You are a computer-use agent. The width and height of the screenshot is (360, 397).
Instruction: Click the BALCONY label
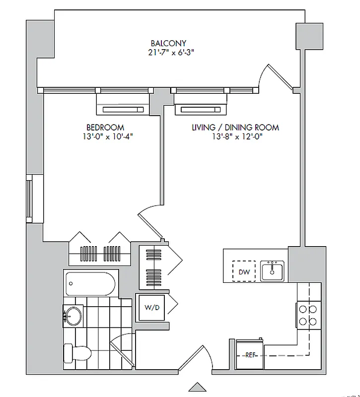pyautogui.click(x=168, y=43)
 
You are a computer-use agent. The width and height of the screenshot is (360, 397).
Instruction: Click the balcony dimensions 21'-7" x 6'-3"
pyautogui.click(x=168, y=53)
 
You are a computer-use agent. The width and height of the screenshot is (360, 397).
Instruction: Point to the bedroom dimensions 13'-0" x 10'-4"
pyautogui.click(x=107, y=136)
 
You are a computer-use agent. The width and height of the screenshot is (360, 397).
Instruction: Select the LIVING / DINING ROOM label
pyautogui.click(x=235, y=128)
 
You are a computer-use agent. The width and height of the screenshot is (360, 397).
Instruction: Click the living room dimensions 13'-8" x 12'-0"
pyautogui.click(x=235, y=136)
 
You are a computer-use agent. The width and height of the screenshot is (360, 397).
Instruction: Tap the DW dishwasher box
pyautogui.click(x=244, y=271)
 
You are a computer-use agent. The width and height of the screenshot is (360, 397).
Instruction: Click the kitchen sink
pyautogui.click(x=272, y=270)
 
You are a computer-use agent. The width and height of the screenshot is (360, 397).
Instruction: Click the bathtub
pyautogui.click(x=90, y=284)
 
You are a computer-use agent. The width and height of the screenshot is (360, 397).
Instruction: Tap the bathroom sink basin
pyautogui.click(x=74, y=315)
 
